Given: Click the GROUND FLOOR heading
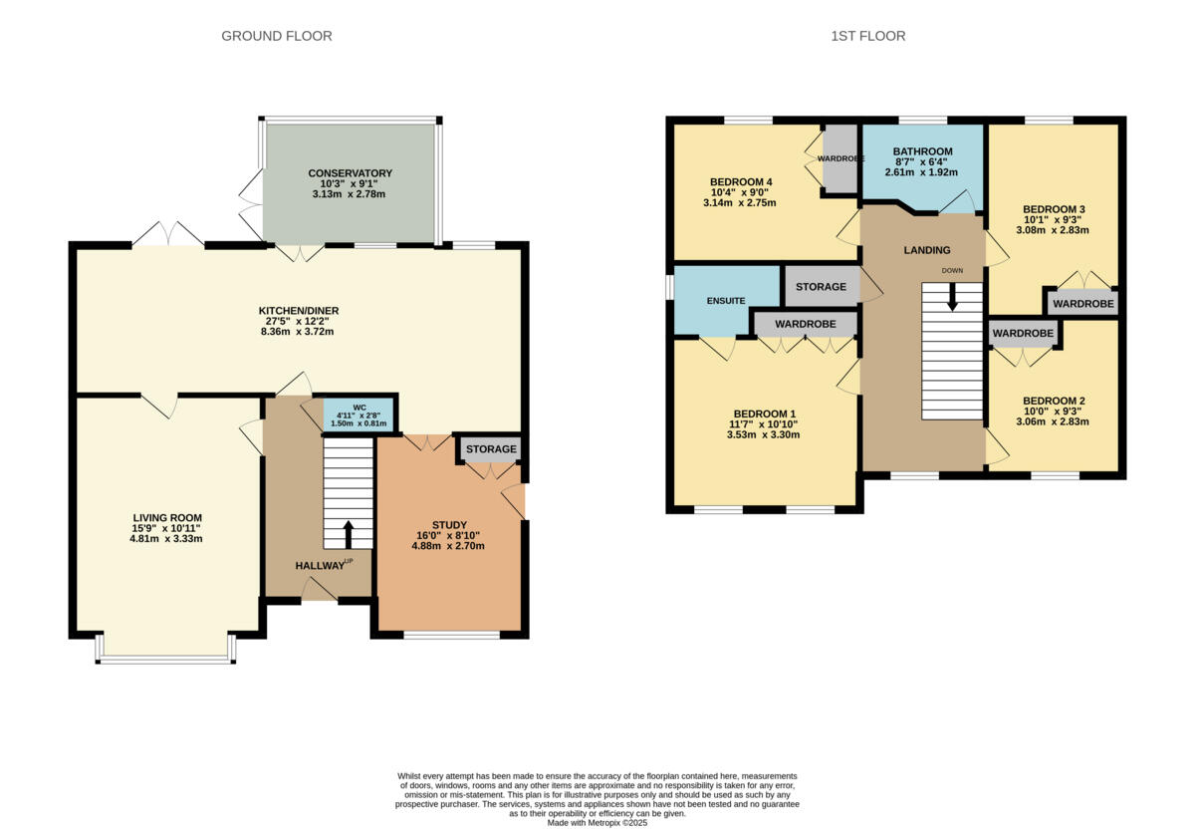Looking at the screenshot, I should (x=276, y=36).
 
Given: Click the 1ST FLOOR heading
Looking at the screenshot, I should (x=867, y=36).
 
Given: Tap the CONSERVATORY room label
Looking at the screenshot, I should (x=350, y=173).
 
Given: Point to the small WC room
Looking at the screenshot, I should (x=358, y=414).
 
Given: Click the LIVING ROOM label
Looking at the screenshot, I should (x=167, y=517).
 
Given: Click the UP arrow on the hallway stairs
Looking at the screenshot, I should (x=348, y=534).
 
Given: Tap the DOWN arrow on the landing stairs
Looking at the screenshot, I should (x=952, y=297).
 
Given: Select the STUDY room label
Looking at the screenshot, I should (x=448, y=524).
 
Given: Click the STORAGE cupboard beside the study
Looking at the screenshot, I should (x=491, y=449).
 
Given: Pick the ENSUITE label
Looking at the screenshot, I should (x=726, y=300).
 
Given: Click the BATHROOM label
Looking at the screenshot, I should (x=922, y=151).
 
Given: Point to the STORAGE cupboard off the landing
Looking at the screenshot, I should (x=821, y=287).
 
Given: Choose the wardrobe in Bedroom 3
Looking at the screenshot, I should (x=1082, y=303).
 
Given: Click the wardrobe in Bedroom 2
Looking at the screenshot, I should (x=1022, y=333).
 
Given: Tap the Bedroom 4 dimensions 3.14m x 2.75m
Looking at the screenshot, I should (x=739, y=203).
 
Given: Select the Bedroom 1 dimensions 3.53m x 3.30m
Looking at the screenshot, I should (x=764, y=434).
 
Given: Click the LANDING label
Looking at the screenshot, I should (x=927, y=250).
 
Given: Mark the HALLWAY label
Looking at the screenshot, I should (x=319, y=566).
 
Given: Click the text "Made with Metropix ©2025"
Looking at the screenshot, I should (x=597, y=823).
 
